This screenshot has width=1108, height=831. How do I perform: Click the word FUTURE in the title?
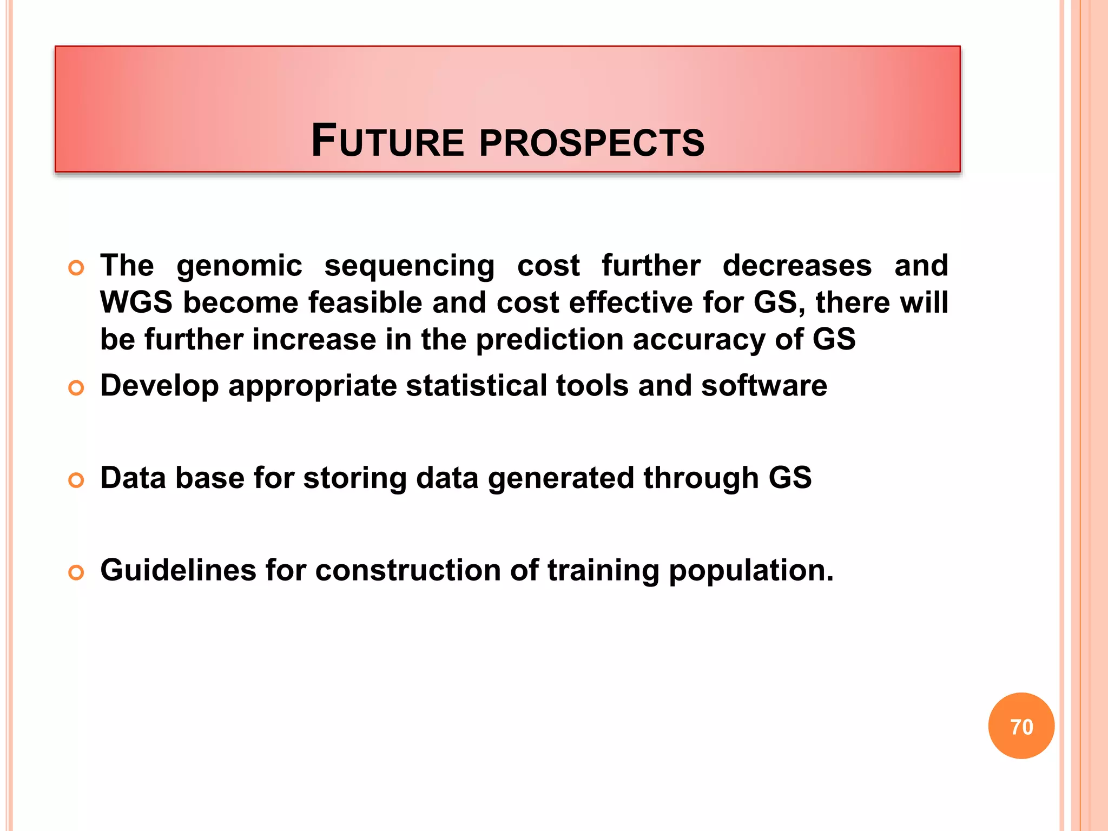pyautogui.click(x=387, y=141)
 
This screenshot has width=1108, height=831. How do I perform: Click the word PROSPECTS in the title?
pyautogui.click(x=592, y=143)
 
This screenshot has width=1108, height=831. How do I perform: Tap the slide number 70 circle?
pyautogui.click(x=1021, y=726)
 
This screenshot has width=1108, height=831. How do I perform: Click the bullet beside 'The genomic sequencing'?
pyautogui.click(x=76, y=268)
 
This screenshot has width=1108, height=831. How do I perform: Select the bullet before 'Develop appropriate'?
pyautogui.click(x=76, y=388)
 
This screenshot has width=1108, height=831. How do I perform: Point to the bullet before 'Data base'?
pyautogui.click(x=76, y=480)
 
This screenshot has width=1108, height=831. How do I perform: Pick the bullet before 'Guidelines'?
pyautogui.click(x=76, y=572)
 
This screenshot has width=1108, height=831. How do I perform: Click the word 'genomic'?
pyautogui.click(x=239, y=266)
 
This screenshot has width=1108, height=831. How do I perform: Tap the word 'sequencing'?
pyautogui.click(x=409, y=266)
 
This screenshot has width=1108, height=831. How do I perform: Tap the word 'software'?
pyautogui.click(x=764, y=386)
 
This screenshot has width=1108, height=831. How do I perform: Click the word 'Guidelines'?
pyautogui.click(x=178, y=570)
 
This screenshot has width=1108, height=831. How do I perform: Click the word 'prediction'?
pyautogui.click(x=549, y=340)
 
